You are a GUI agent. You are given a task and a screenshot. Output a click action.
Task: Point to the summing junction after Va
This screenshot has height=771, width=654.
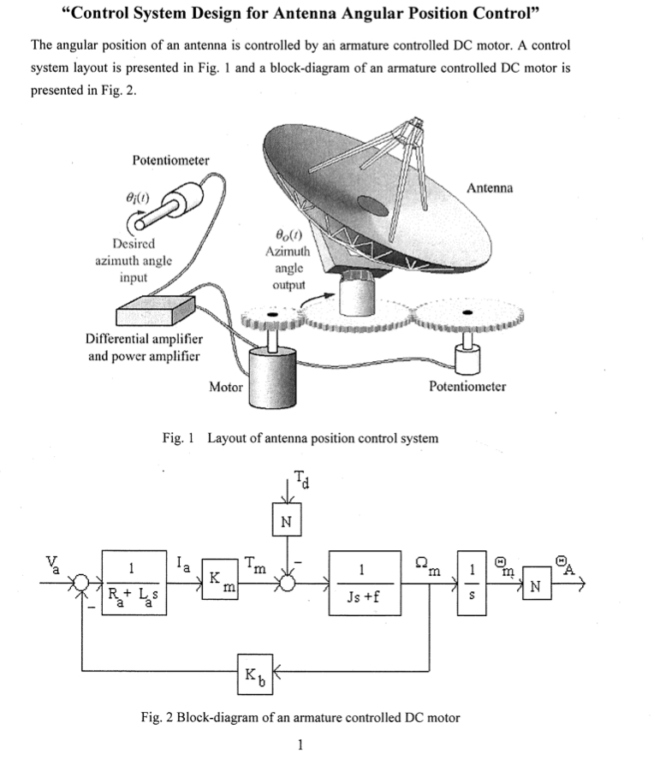pos(82,582)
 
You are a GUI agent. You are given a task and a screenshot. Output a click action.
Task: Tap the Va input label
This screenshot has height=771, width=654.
pos(55,565)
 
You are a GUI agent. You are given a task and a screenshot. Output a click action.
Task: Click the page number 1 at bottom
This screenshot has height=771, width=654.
pos(300,744)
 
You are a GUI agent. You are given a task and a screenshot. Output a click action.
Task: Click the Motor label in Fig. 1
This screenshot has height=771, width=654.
pos(226,387)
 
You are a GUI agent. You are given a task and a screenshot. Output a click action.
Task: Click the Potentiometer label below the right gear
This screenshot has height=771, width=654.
pos(467,387)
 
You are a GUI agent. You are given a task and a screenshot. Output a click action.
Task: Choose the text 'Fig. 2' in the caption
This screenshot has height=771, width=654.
pos(159,717)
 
